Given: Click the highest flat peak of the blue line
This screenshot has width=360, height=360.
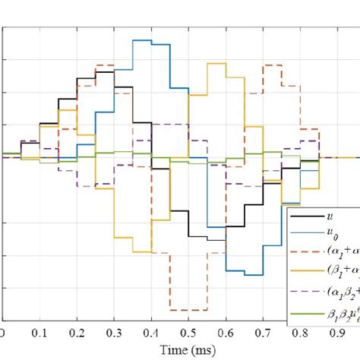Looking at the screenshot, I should (x=142, y=40).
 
